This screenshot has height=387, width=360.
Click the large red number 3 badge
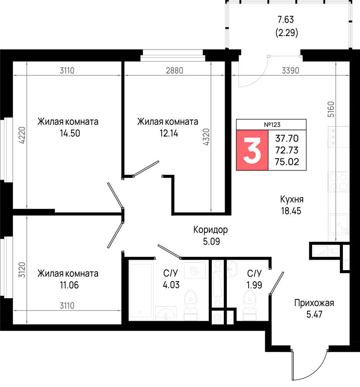252,150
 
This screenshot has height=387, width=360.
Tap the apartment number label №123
272,125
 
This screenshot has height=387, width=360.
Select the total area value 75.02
287,162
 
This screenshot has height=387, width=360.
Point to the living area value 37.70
287,138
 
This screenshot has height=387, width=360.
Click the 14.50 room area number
70,133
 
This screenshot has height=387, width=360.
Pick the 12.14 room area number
169,133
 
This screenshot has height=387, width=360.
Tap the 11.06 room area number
69,285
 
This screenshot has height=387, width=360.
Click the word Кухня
292,199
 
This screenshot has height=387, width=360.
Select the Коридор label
211,230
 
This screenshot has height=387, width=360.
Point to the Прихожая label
314,303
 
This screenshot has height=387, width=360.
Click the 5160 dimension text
331,110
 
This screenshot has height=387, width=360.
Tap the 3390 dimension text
290,70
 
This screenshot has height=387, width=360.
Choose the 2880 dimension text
174,70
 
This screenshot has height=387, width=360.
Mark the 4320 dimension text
206,137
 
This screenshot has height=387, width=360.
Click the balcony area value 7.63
286,19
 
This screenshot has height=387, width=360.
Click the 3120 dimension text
22,270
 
